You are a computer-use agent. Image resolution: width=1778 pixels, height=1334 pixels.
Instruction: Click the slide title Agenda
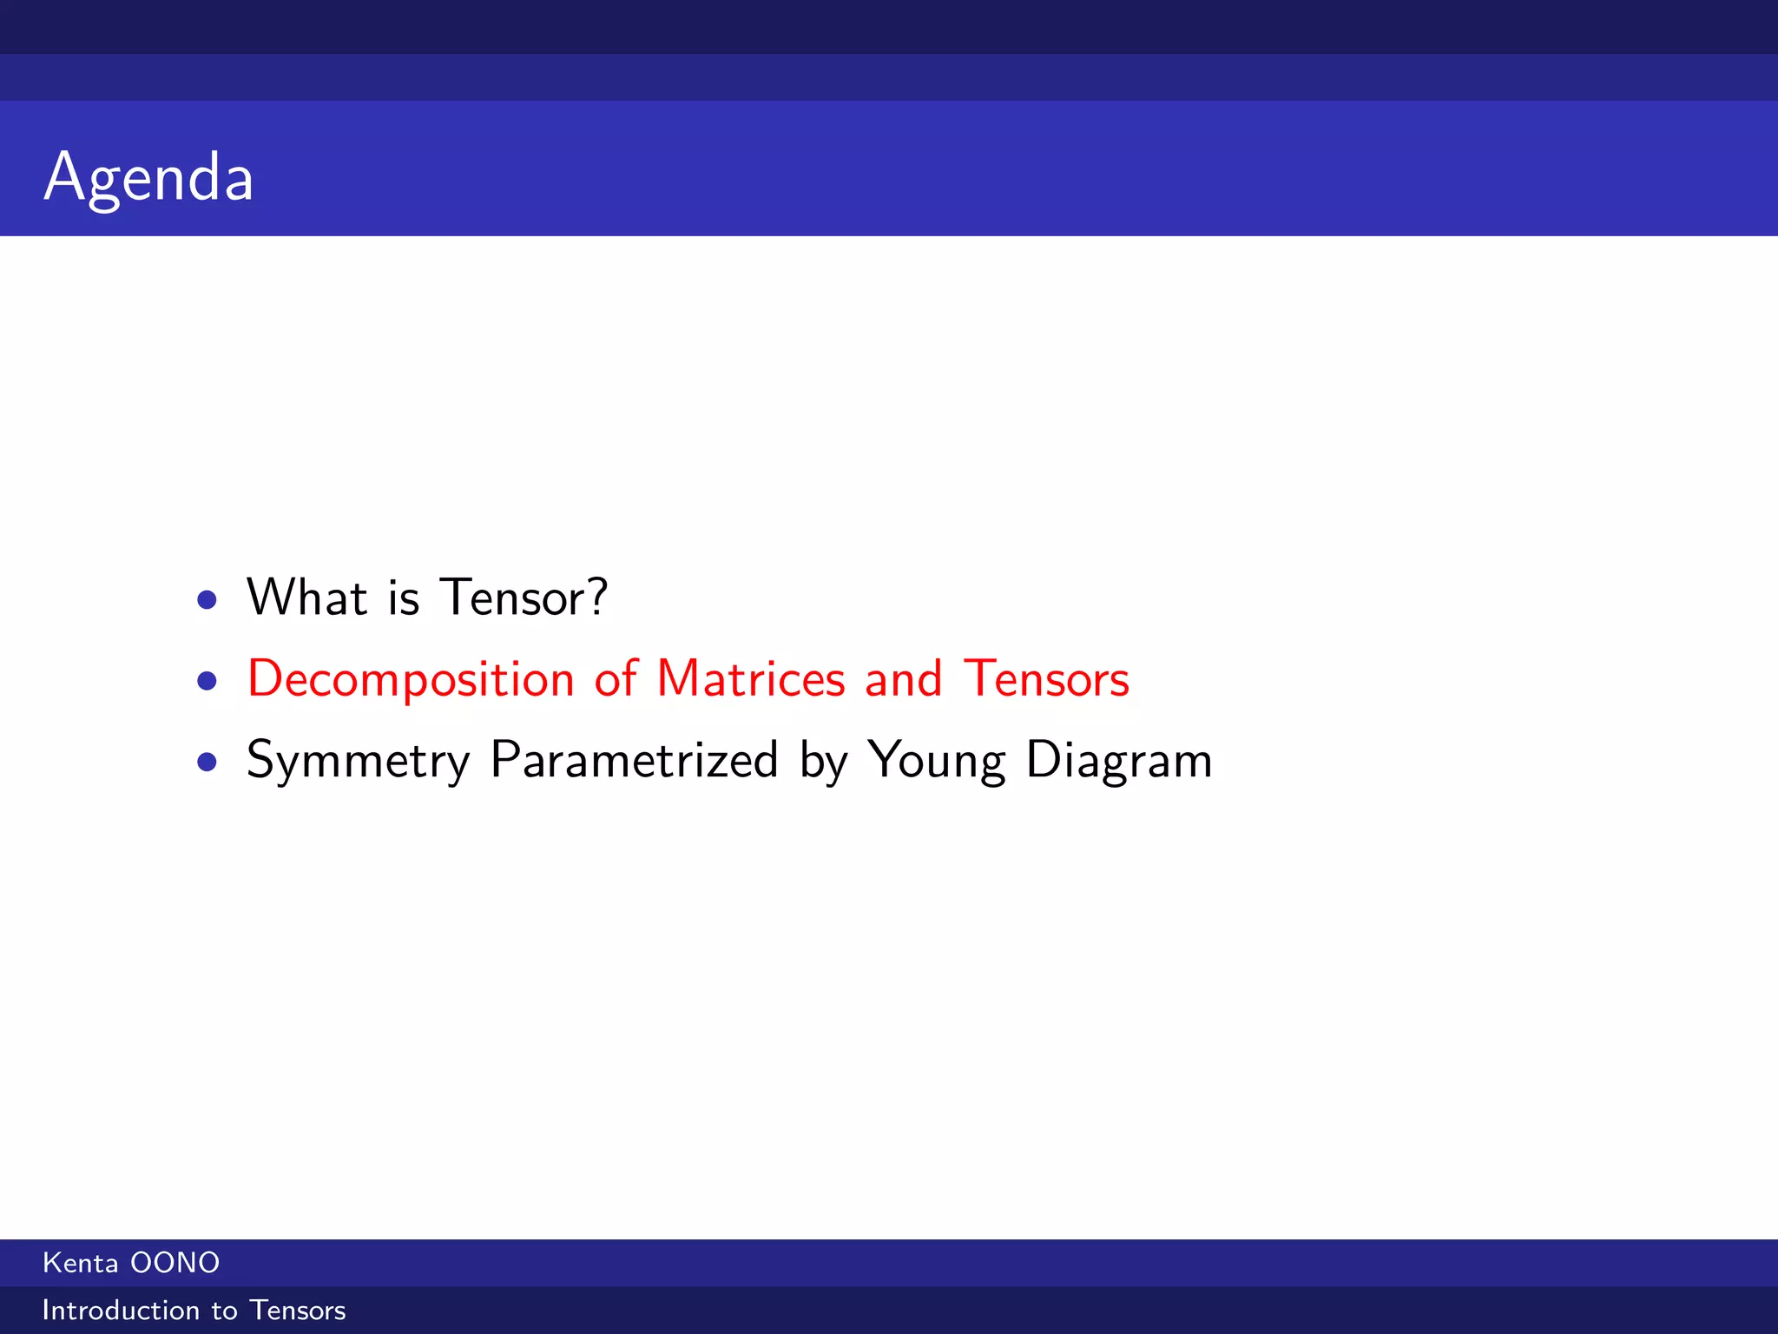[x=148, y=177]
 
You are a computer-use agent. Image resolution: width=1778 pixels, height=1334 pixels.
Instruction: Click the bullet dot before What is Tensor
[x=207, y=599]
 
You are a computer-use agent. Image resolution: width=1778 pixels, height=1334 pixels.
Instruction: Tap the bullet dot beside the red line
[x=207, y=680]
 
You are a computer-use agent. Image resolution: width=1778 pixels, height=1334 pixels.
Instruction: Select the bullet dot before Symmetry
[x=207, y=762]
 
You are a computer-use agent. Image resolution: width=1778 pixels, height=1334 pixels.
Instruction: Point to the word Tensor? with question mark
[x=524, y=598]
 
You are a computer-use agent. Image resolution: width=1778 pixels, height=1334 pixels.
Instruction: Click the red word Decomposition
[x=411, y=679]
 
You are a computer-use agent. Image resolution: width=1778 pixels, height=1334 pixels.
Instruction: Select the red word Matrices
[x=751, y=678]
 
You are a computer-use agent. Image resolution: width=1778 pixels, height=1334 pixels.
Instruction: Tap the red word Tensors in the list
[x=1046, y=678]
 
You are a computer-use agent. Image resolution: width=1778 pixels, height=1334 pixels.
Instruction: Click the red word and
[x=903, y=678]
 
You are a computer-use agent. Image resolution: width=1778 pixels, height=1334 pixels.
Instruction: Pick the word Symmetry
[x=358, y=761]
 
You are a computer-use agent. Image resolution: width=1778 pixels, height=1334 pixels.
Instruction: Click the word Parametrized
[x=634, y=760]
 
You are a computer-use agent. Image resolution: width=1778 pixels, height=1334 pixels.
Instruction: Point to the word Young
[x=937, y=761]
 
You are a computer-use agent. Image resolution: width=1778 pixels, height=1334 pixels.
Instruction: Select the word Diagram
[x=1119, y=761]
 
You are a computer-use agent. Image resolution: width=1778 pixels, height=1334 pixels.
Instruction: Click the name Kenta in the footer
[x=80, y=1263]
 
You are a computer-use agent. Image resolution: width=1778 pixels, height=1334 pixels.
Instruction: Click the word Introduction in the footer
[x=121, y=1310]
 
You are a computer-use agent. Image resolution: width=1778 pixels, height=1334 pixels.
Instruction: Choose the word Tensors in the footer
[x=298, y=1310]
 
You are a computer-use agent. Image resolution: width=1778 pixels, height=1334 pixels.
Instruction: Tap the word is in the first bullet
[x=404, y=598]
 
